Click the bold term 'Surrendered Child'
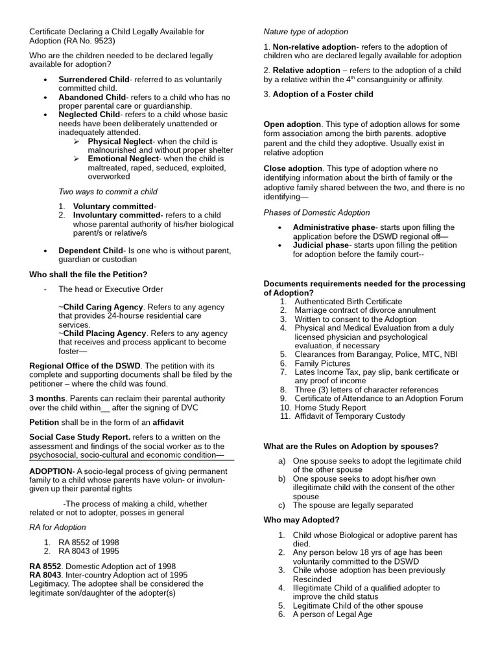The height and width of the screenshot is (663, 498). [93, 79]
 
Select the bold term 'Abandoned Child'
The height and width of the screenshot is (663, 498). [92, 97]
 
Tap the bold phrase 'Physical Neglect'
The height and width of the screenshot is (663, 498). [121, 141]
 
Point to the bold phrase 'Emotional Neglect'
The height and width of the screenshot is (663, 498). [123, 159]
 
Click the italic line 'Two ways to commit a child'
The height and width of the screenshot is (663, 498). [108, 192]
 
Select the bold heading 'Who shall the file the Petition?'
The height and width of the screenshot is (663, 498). [88, 275]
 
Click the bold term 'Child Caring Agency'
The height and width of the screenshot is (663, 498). [102, 306]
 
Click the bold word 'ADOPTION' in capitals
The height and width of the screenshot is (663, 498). [51, 471]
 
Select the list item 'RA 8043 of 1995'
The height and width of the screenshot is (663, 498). [89, 551]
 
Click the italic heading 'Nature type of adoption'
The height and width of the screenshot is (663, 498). [305, 32]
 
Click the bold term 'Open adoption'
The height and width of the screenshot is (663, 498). [292, 124]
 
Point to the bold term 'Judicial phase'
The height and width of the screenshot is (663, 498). [320, 245]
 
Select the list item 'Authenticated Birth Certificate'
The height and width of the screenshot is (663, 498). [348, 301]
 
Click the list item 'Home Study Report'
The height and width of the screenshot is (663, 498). [330, 408]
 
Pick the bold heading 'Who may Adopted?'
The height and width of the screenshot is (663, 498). [302, 520]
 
